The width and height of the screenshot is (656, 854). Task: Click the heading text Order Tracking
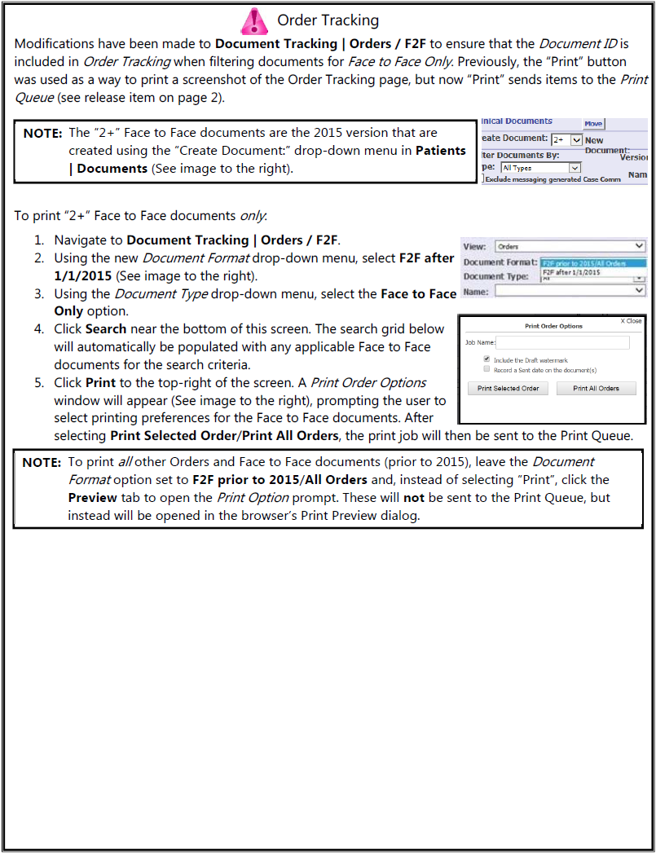(x=328, y=20)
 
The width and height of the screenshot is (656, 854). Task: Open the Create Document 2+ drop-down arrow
(x=577, y=140)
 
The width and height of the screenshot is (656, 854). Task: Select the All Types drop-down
(x=540, y=168)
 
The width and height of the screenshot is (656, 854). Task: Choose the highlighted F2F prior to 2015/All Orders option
(x=593, y=262)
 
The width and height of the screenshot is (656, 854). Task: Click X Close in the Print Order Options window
(x=631, y=321)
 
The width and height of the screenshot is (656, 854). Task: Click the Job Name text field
(x=563, y=343)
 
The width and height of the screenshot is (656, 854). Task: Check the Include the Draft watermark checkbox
(x=486, y=359)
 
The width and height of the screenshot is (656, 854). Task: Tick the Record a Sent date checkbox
(x=486, y=369)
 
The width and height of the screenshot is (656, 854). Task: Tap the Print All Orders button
(x=596, y=389)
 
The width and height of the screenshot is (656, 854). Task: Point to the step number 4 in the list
(x=38, y=329)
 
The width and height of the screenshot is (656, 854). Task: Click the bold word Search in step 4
(x=106, y=329)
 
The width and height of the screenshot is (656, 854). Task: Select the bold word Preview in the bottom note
(x=92, y=497)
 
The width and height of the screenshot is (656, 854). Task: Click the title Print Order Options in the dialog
(x=553, y=326)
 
